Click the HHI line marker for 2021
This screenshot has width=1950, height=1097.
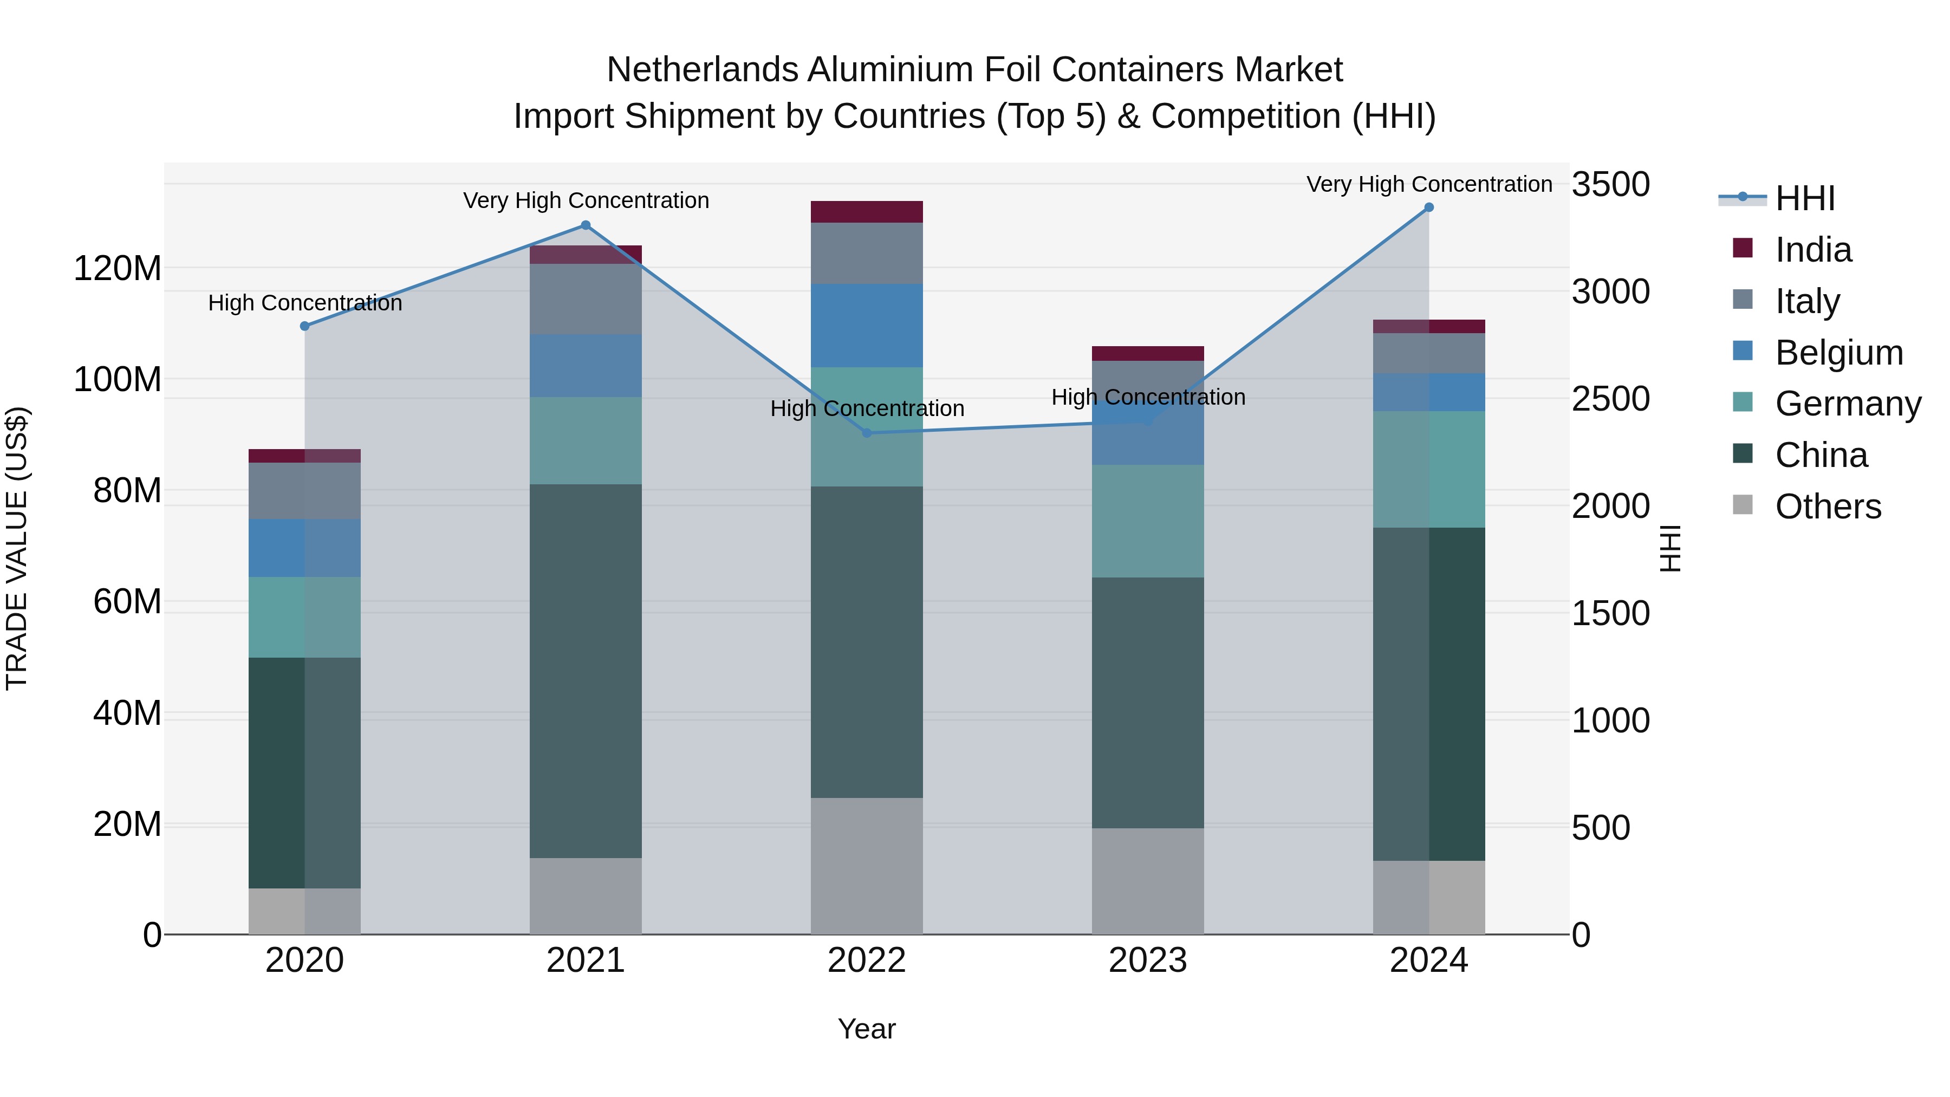pyautogui.click(x=585, y=225)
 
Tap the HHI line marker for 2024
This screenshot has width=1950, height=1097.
pyautogui.click(x=1428, y=207)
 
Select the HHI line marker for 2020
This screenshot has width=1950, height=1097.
pyautogui.click(x=305, y=326)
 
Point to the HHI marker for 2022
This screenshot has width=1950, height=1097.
pyautogui.click(x=867, y=433)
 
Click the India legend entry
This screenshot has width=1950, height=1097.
pyautogui.click(x=1813, y=250)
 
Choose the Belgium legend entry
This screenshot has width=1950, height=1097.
pyautogui.click(x=1838, y=353)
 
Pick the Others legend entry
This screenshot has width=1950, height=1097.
pyautogui.click(x=1828, y=507)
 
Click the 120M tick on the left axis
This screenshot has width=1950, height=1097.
pyautogui.click(x=118, y=269)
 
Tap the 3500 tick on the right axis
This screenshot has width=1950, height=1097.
pyautogui.click(x=1610, y=185)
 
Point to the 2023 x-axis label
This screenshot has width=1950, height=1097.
pyautogui.click(x=1148, y=960)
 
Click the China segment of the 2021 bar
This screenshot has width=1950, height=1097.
pyautogui.click(x=585, y=670)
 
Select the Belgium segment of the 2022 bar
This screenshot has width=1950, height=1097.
pyautogui.click(x=867, y=326)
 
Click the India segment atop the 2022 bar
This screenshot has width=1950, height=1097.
pyautogui.click(x=867, y=212)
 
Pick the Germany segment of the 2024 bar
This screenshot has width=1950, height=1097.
pyautogui.click(x=1428, y=469)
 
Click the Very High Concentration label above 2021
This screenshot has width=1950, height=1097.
pyautogui.click(x=586, y=200)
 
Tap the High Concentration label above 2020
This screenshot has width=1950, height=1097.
pyautogui.click(x=305, y=303)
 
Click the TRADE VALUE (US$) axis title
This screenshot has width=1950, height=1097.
pyautogui.click(x=17, y=548)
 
